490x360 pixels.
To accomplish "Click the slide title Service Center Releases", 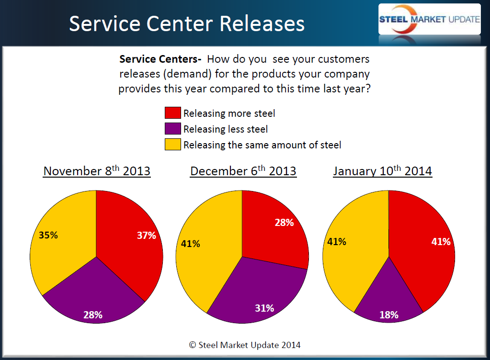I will click(187, 23).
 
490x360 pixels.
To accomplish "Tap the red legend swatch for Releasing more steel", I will click(172, 113).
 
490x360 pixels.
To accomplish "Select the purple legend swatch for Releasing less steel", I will click(172, 129).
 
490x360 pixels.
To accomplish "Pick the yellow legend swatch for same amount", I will click(172, 145).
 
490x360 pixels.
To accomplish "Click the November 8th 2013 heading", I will click(97, 171).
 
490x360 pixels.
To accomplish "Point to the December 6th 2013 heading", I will click(243, 171).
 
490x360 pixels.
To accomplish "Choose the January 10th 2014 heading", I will click(383, 171).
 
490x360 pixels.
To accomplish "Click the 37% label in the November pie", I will click(146, 236).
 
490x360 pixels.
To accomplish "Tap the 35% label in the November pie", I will click(48, 235).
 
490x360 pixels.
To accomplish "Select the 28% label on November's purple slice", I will click(92, 315).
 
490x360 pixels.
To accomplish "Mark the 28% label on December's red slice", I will click(284, 223).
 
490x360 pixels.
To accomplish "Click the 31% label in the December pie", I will click(264, 308).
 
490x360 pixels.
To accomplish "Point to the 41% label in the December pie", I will click(190, 244).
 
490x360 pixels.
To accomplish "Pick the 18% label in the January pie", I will click(388, 315).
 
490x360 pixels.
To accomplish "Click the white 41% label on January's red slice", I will click(441, 242).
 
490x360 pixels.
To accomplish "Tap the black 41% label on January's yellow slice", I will click(336, 242).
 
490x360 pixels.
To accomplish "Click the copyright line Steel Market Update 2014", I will click(245, 345).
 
